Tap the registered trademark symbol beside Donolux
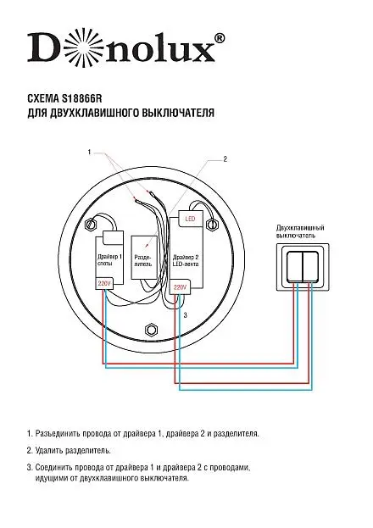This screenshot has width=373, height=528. pos(220,37)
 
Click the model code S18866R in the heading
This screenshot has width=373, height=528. pos(81,98)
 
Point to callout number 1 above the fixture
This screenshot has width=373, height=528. pos(89,153)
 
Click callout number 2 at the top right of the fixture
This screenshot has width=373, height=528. pos(225,159)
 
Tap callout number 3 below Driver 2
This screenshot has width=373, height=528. pos(186,315)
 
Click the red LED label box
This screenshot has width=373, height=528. pos(190,219)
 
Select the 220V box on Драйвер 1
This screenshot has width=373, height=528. pos(104,284)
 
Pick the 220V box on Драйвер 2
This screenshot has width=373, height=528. pos(180,287)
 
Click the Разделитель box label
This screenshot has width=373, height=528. pos(143,261)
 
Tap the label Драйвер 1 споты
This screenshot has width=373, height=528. pos(109,259)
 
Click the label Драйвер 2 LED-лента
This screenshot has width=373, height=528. pos(186,260)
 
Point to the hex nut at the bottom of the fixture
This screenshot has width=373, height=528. pos(151,330)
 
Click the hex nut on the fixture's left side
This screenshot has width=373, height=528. pos(91,224)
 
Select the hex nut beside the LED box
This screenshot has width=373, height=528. pos(212,224)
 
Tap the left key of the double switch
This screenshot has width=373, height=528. pos(294,265)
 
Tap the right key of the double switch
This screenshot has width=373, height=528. pos(310,265)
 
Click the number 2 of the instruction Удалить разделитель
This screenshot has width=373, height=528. pos(30,450)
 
